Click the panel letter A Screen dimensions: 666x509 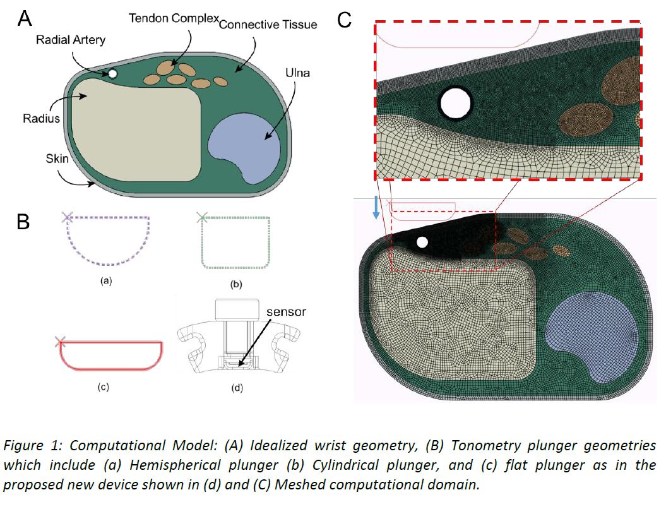25,18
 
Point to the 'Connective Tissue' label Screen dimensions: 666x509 268,25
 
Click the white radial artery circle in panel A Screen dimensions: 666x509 112,75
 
